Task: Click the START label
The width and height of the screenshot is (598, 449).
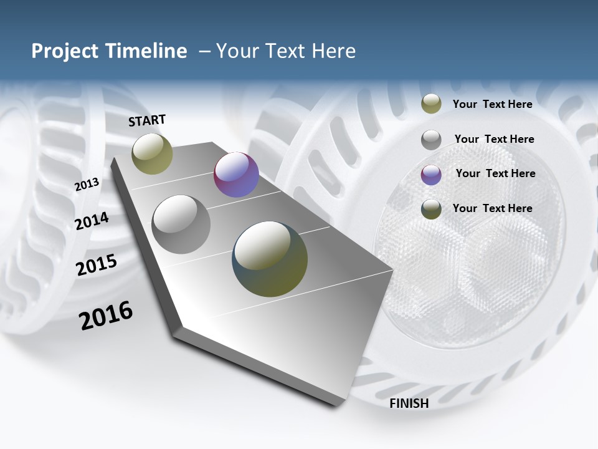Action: pos(147,120)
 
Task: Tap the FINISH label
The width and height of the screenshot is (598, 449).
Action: pos(409,403)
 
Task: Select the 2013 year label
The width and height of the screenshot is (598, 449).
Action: pos(87,184)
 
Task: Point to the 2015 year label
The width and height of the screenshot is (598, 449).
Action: pos(96,265)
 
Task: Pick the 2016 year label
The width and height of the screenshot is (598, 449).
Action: pos(106,316)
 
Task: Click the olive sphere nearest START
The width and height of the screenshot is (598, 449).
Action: pos(152,153)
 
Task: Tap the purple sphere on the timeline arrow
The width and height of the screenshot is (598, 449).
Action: pos(236,175)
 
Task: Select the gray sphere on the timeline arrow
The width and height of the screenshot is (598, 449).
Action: pos(181,224)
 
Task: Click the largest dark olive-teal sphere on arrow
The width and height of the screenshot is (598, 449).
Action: pos(270,259)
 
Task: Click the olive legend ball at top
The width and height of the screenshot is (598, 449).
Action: pos(431,104)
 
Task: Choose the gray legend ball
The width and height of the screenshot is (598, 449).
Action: pos(431,140)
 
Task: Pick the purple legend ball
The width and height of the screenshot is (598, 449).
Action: pos(431,175)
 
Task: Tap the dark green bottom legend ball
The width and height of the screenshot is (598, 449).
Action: pos(431,210)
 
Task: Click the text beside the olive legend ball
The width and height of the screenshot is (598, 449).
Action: pos(492,104)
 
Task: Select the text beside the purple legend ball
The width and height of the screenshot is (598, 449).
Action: pos(495,173)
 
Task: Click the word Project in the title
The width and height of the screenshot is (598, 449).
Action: pos(65,51)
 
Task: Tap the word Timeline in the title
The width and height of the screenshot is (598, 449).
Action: pos(146,51)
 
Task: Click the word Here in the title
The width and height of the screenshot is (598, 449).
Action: pos(334,51)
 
